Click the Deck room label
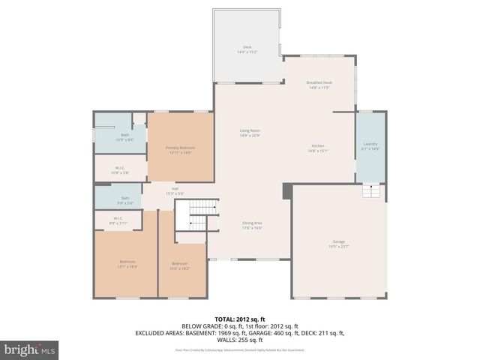pyautogui.click(x=247, y=47)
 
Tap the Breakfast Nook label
pyautogui.click(x=319, y=82)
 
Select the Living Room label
pyautogui.click(x=249, y=130)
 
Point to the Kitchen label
pyautogui.click(x=318, y=145)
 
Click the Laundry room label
pyautogui.click(x=370, y=143)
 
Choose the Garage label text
pyautogui.click(x=339, y=241)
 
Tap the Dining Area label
pyautogui.click(x=252, y=223)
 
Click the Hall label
pyautogui.click(x=175, y=188)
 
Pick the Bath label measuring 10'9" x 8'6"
pyautogui.click(x=125, y=135)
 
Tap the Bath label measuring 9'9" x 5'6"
pyautogui.click(x=125, y=198)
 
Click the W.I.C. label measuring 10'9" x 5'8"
pyautogui.click(x=120, y=168)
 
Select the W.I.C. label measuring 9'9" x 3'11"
pyautogui.click(x=118, y=219)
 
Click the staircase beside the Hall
pyautogui.click(x=201, y=217)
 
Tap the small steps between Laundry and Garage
pyautogui.click(x=373, y=193)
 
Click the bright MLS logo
pyautogui.click(x=30, y=350)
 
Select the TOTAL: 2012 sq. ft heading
pyautogui.click(x=240, y=319)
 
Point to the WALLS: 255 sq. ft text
pyautogui.click(x=240, y=339)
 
